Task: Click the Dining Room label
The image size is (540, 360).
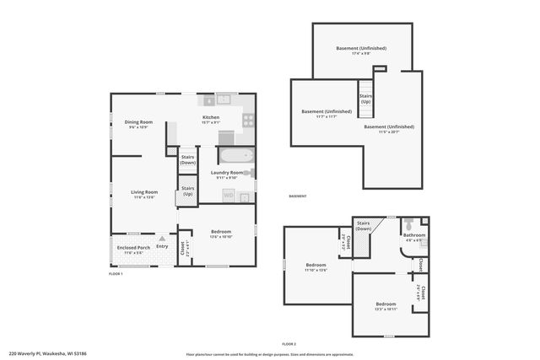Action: click(x=138, y=122)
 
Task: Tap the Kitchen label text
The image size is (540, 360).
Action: click(x=211, y=117)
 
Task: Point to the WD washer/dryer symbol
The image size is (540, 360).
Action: click(x=229, y=196)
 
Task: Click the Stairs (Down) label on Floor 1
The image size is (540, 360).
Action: click(x=187, y=159)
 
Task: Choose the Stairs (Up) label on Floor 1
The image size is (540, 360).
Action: click(x=187, y=191)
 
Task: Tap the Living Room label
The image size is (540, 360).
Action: click(x=144, y=192)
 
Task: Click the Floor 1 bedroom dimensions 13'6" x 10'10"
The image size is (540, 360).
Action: click(x=220, y=237)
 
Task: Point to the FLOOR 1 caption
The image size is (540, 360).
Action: click(x=116, y=274)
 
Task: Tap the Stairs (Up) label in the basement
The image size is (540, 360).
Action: click(x=365, y=99)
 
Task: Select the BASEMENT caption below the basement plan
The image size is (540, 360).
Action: click(x=298, y=196)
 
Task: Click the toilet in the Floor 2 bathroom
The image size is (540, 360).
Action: click(x=408, y=225)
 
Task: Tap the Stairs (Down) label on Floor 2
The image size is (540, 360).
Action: click(x=364, y=226)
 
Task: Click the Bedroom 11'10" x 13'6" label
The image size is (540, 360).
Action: click(x=316, y=267)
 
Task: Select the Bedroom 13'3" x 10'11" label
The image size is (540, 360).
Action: click(x=386, y=306)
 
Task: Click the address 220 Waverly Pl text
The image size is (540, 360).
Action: click(x=41, y=353)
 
